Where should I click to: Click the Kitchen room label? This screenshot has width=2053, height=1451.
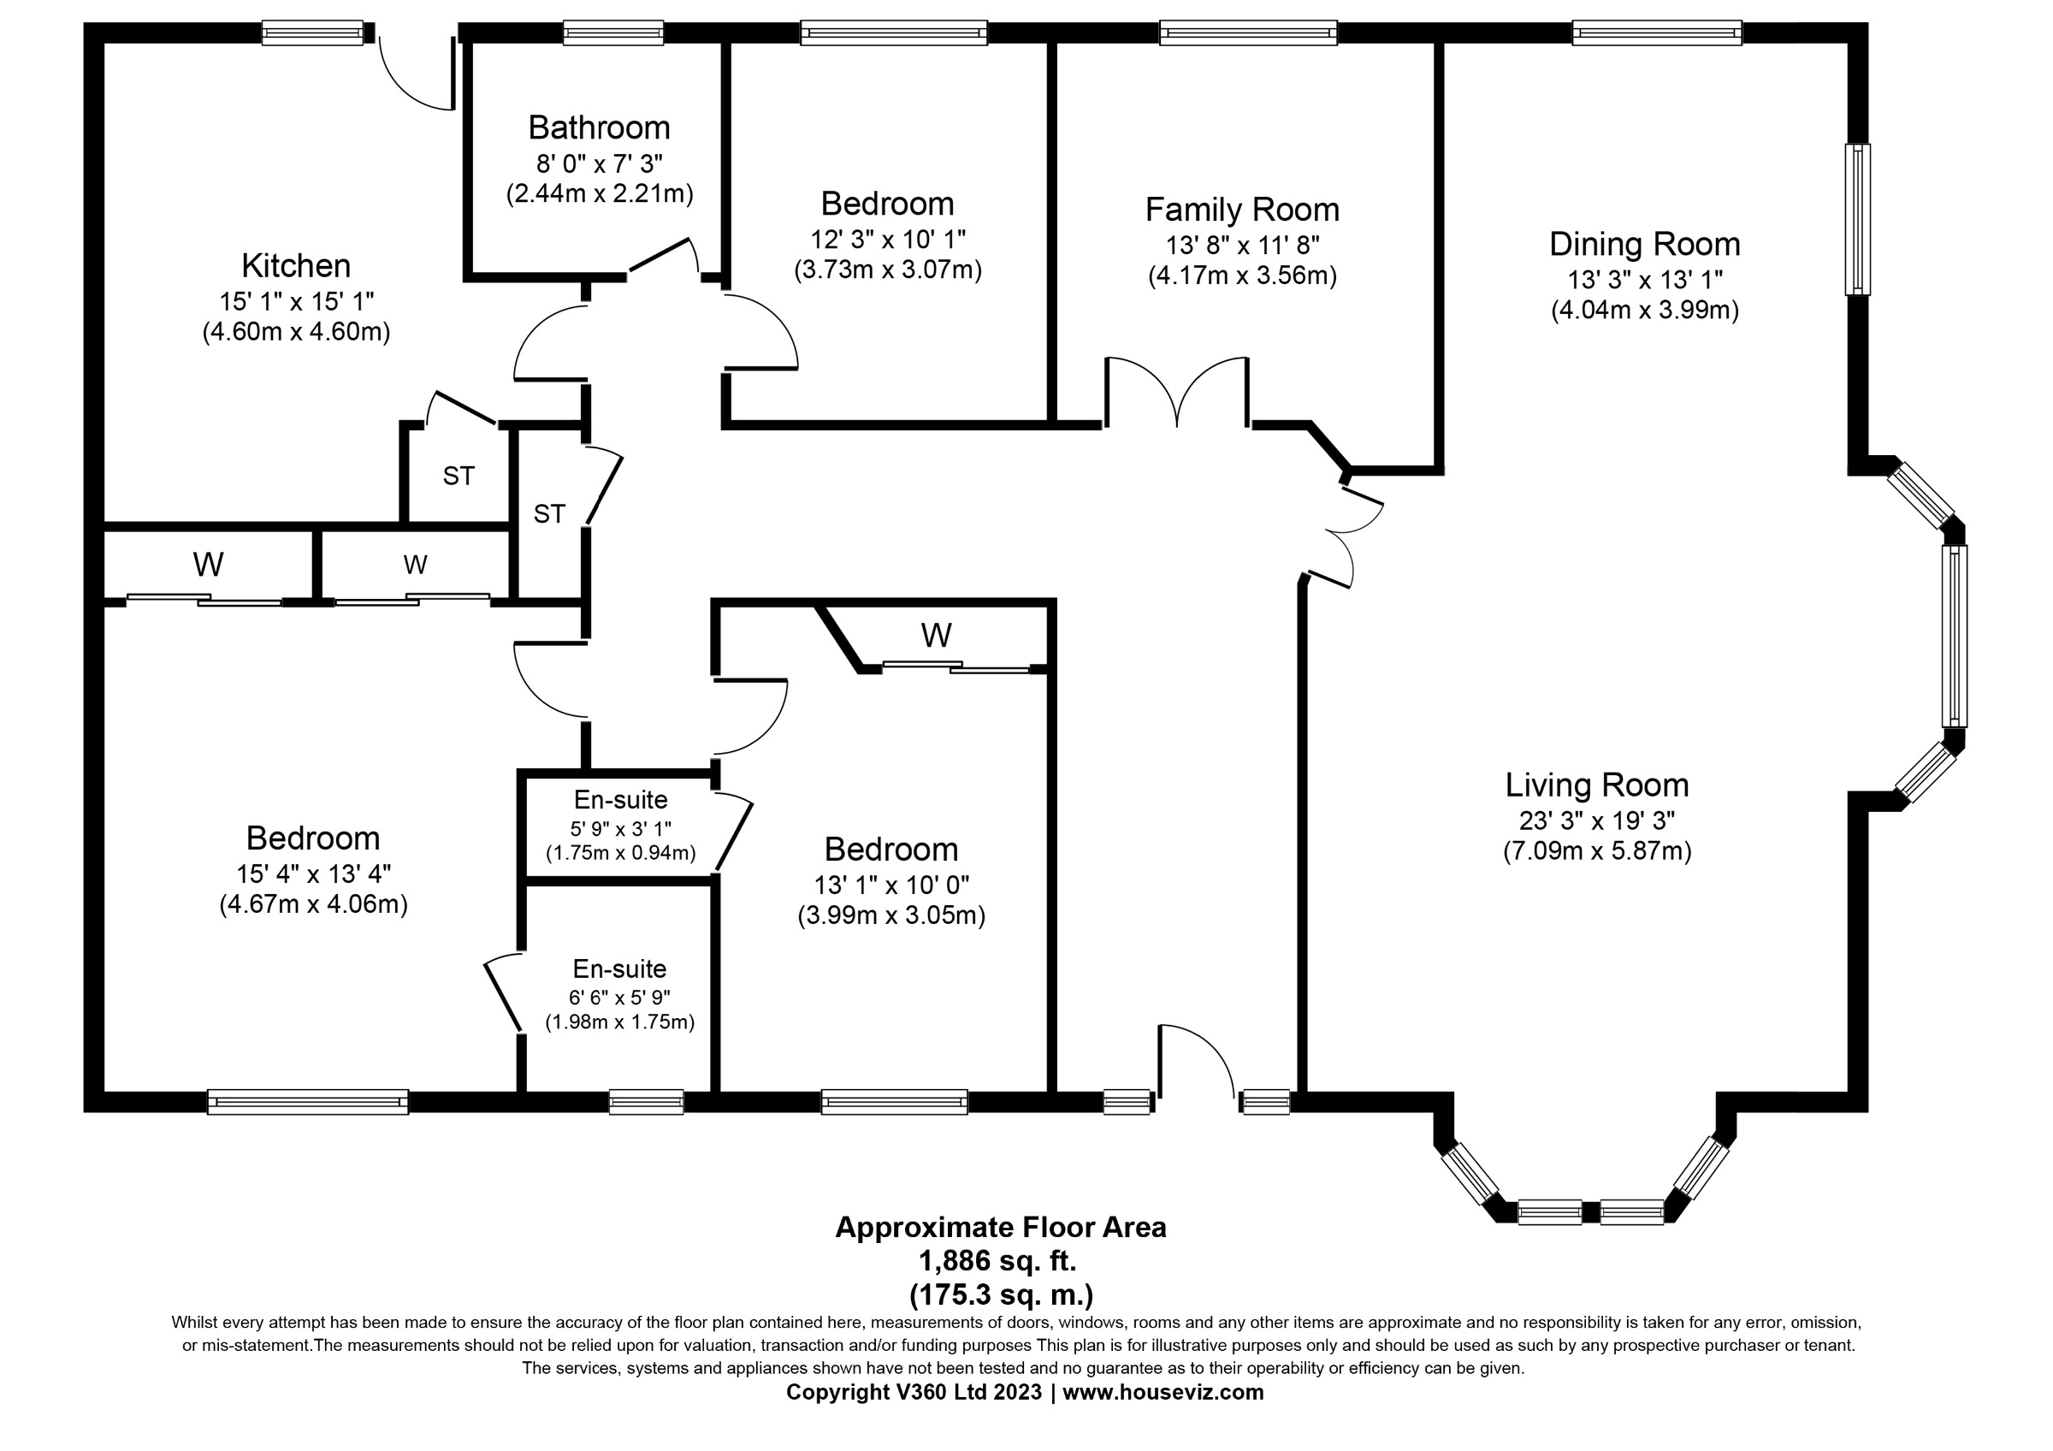pos(296,265)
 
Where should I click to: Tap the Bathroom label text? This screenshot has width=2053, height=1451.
pos(599,127)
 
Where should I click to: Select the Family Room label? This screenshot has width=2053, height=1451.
pos(1242,210)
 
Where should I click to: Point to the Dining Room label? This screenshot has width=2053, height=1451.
pos(1644,244)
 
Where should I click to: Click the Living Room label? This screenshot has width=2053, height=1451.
pos(1597,785)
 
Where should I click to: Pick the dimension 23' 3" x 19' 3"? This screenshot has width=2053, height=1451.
pos(1597,820)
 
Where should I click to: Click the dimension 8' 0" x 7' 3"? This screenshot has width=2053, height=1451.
pos(599,163)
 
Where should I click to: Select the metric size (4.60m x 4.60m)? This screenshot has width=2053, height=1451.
pos(296,332)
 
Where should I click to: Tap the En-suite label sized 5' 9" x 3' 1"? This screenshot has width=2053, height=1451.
pos(620,799)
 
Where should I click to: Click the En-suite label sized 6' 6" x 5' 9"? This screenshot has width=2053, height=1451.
pos(619,969)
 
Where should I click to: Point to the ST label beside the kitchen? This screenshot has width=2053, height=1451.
pos(459,477)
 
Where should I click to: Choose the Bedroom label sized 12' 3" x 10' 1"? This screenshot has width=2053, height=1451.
pos(887,204)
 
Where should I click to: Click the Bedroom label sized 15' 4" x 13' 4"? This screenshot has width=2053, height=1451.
pos(313,838)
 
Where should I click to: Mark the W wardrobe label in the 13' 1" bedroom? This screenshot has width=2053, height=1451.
pos(936,636)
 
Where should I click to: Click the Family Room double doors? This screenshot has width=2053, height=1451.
pos(1178,392)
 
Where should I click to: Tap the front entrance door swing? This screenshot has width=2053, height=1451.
pos(1198,1060)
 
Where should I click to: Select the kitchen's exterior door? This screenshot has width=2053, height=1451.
pos(417,74)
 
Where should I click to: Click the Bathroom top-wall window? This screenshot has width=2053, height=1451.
pos(613,34)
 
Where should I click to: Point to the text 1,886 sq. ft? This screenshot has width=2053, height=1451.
pos(1000,1260)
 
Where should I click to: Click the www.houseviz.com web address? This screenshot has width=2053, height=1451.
pos(1163,1392)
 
